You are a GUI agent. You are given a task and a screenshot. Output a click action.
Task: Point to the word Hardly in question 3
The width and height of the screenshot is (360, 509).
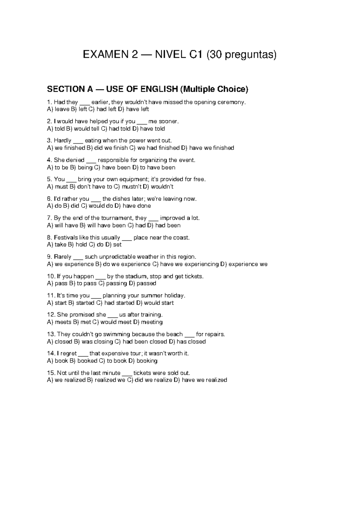point(62,140)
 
